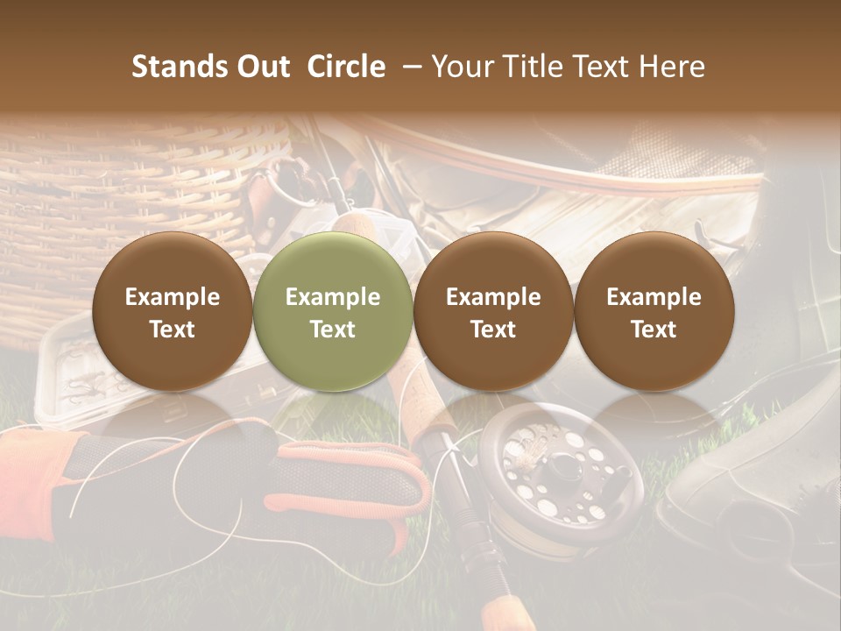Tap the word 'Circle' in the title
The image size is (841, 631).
[346, 67]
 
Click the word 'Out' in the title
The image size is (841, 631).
[264, 67]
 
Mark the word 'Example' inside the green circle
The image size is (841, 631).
[333, 297]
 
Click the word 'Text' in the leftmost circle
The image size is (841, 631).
[173, 330]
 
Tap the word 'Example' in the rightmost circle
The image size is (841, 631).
[654, 297]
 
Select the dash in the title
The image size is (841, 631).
[408, 67]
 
